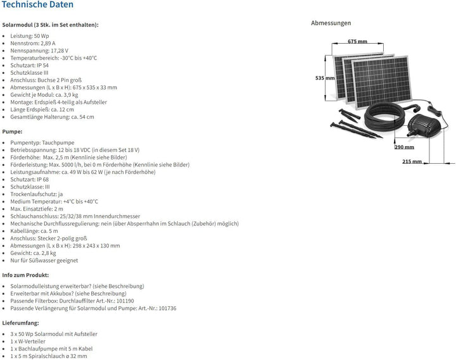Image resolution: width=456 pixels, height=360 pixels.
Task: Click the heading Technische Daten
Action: pyautogui.click(x=37, y=4)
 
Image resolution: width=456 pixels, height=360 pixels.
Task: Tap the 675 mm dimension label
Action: pyautogui.click(x=357, y=41)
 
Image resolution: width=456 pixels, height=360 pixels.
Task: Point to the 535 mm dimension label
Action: pyautogui.click(x=325, y=78)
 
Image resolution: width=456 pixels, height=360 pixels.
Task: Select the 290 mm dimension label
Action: pyautogui.click(x=404, y=147)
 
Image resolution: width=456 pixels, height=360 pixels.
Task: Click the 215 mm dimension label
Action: pyautogui.click(x=412, y=161)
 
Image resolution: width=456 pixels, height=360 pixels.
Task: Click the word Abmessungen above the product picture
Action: pyautogui.click(x=331, y=23)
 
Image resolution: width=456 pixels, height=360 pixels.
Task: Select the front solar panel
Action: pyautogui.click(x=382, y=82)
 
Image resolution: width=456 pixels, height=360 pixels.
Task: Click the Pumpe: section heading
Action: pyautogui.click(x=12, y=132)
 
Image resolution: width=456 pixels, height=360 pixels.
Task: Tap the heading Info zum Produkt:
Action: pyautogui.click(x=25, y=275)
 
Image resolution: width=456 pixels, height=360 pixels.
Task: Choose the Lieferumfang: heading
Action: pyautogui.click(x=20, y=323)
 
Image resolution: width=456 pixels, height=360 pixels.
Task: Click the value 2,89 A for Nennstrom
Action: pyautogui.click(x=48, y=43)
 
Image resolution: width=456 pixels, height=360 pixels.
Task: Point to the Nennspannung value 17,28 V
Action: pyautogui.click(x=60, y=51)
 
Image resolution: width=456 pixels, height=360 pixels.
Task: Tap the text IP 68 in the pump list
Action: pyautogui.click(x=43, y=179)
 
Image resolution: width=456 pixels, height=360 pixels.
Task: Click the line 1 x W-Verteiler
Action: pyautogui.click(x=28, y=342)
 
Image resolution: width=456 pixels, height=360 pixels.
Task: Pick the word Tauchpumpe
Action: pyautogui.click(x=58, y=142)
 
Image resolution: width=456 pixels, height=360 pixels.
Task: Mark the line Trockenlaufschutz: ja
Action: pyautogui.click(x=37, y=194)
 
